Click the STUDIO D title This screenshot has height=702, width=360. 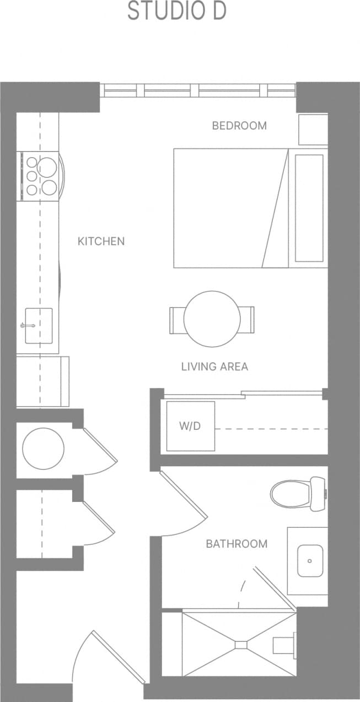[177, 12]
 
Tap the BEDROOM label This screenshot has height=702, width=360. [239, 126]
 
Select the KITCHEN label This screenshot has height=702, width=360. [101, 241]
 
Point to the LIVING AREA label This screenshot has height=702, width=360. [214, 366]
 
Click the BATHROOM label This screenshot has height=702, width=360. [237, 544]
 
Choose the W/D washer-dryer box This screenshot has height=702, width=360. [190, 426]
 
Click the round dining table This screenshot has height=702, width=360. [212, 319]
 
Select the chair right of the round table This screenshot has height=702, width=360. [248, 320]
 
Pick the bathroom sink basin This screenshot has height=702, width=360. [310, 560]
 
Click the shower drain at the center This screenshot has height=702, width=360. [241, 644]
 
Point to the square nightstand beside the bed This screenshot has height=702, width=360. [313, 129]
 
